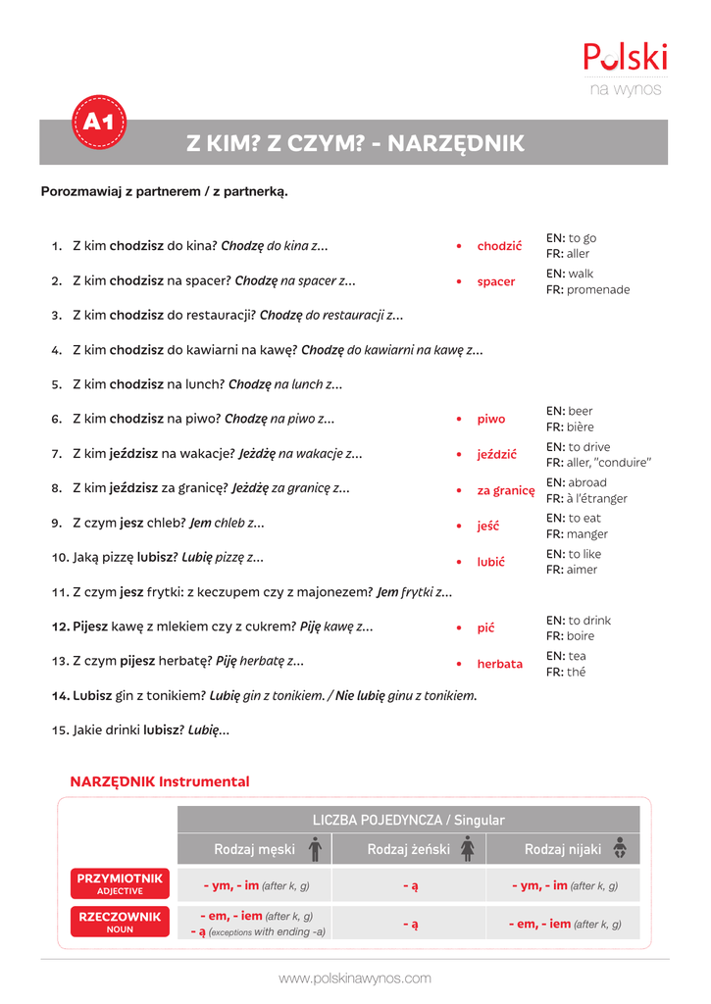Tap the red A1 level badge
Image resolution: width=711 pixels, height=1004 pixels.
pos(99,123)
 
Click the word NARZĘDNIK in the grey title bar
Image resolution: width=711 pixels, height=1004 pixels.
pos(456,144)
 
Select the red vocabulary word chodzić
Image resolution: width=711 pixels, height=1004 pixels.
pos(499,246)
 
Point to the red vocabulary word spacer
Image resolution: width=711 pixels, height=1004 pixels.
pos(496,281)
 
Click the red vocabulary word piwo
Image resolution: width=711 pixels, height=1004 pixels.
pos(491,419)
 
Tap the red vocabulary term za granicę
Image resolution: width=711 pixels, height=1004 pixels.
pos(506,490)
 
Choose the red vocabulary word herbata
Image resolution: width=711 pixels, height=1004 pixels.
pos(500,664)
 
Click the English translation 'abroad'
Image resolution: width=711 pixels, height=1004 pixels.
pos(587,482)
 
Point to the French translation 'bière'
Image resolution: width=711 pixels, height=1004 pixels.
pos(581,427)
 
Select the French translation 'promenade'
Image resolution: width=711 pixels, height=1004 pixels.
pos(599,290)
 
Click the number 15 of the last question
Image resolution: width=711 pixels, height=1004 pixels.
pos(59,730)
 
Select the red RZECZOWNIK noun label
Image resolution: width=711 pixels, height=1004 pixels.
pos(120,922)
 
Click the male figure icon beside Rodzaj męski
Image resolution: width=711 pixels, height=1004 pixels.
pos(314,848)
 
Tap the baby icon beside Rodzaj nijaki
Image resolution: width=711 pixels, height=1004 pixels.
pos(620,848)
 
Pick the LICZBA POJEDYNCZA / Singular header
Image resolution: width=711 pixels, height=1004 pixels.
pos(408,820)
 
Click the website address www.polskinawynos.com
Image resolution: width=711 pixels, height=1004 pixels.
pos(355,979)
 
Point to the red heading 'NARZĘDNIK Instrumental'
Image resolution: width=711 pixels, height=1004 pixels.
pos(160,781)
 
